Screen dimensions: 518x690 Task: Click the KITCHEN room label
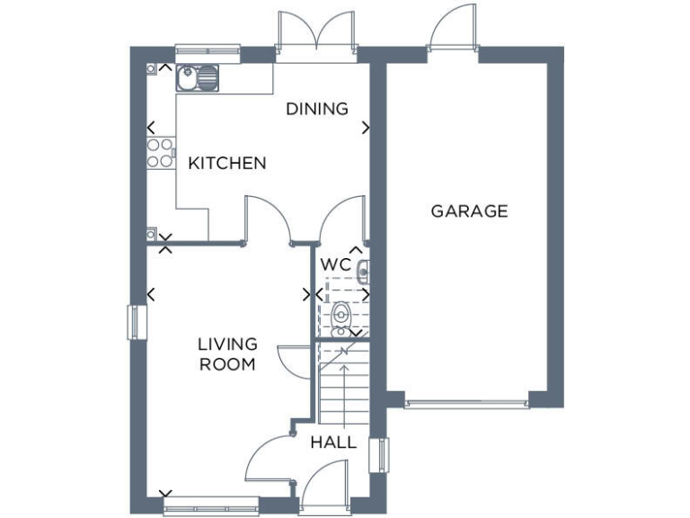226,163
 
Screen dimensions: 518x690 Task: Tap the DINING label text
316,109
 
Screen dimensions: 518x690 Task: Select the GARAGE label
469,211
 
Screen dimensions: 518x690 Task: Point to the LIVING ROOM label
227,354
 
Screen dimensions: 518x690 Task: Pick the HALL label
333,442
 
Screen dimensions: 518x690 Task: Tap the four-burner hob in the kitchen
160,153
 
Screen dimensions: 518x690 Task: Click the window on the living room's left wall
136,322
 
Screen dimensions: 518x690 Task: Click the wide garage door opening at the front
465,403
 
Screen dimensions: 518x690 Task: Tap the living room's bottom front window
212,505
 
